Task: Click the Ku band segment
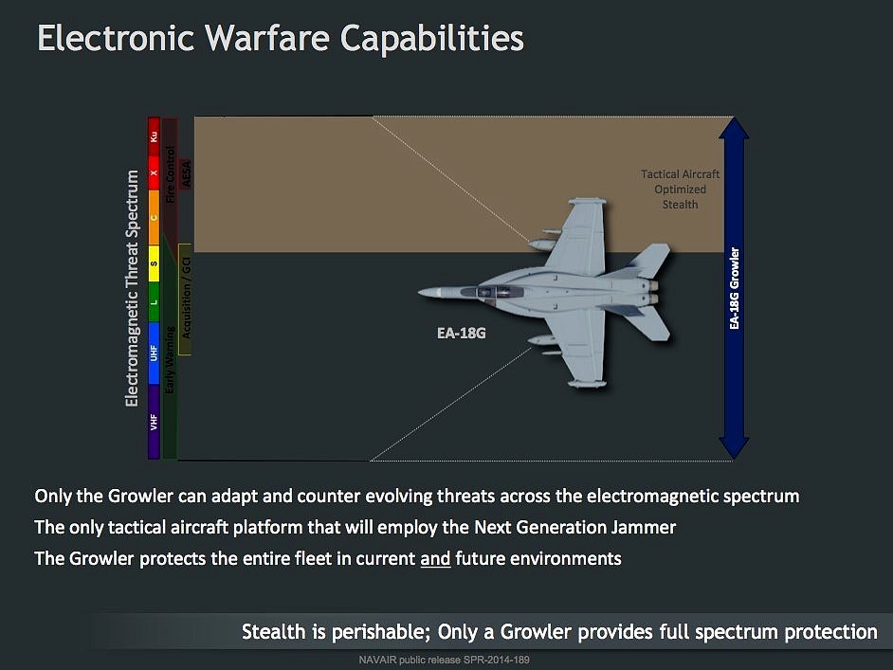pyautogui.click(x=154, y=136)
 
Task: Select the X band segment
pyautogui.click(x=154, y=173)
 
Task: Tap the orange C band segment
pyautogui.click(x=154, y=217)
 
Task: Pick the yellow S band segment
pyautogui.click(x=154, y=263)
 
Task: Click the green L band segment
pyautogui.click(x=154, y=302)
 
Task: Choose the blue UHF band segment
pyautogui.click(x=154, y=353)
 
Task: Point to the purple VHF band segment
pyautogui.click(x=154, y=422)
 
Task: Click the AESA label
pyautogui.click(x=186, y=173)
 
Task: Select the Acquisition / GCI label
pyautogui.click(x=186, y=298)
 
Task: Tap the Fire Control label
pyautogui.click(x=170, y=174)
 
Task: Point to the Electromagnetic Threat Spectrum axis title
pyautogui.click(x=132, y=288)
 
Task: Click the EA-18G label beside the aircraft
pyautogui.click(x=462, y=333)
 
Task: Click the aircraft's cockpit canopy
pyautogui.click(x=493, y=291)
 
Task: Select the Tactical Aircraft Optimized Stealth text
pyautogui.click(x=680, y=189)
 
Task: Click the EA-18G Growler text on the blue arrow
pyautogui.click(x=734, y=288)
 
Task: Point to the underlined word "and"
pyautogui.click(x=435, y=558)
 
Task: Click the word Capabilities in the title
pyautogui.click(x=431, y=39)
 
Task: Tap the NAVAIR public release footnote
pyautogui.click(x=445, y=660)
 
